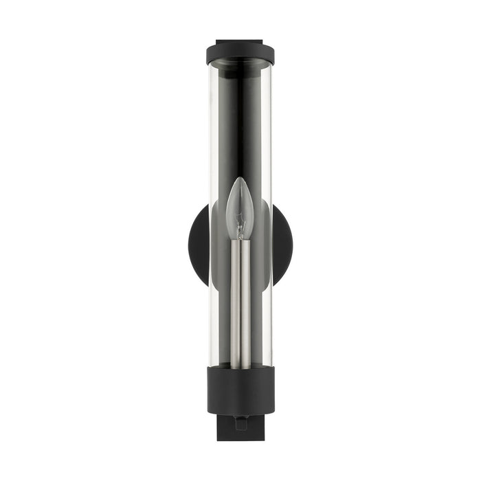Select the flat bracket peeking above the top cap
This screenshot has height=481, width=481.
(240, 41)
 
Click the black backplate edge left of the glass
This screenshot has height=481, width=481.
(198, 244)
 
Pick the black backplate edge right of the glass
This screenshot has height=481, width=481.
(282, 244)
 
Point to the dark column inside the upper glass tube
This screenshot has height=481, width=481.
(240, 117)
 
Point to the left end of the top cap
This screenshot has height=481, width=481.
(209, 54)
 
